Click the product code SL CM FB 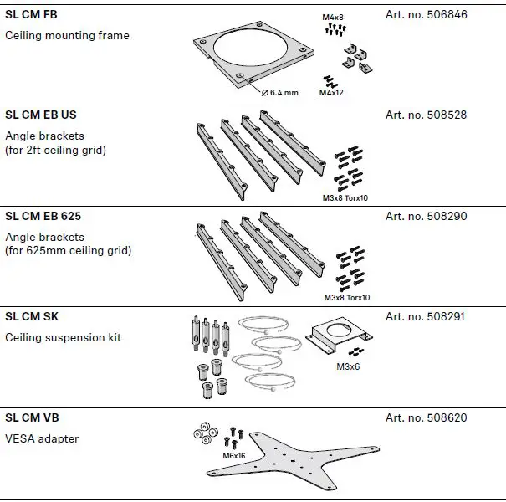(32, 14)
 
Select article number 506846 (426, 14)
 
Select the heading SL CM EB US (41, 115)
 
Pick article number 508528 (426, 115)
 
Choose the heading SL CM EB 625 (43, 216)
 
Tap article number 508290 (426, 216)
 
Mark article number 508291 (426, 317)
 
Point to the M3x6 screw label (349, 366)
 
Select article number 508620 (426, 417)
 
